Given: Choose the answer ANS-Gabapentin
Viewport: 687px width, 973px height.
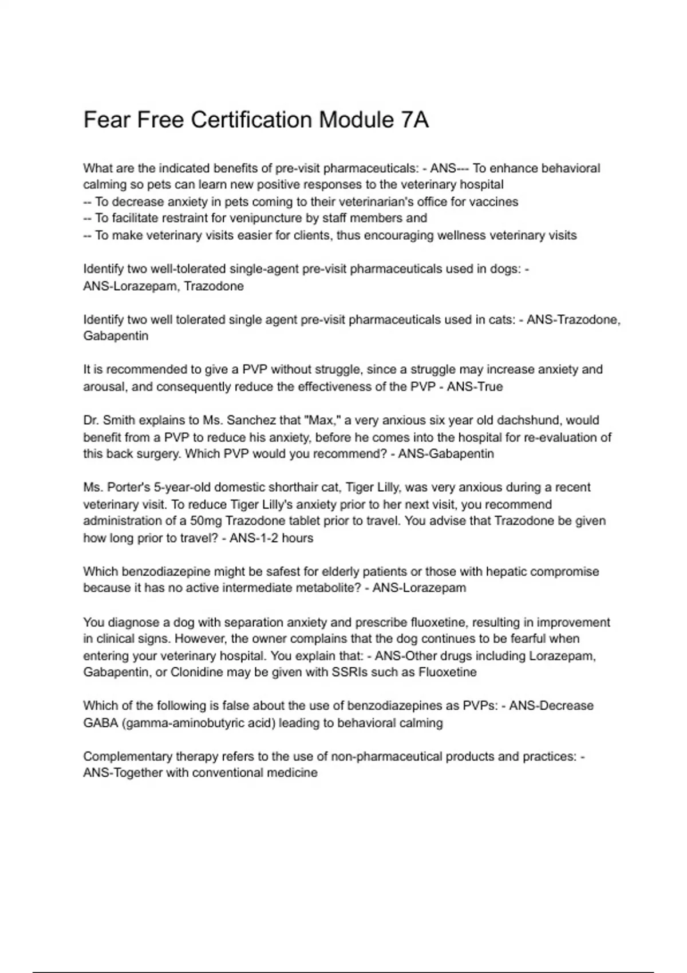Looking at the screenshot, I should [446, 454].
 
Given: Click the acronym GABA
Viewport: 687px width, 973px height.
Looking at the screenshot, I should [100, 723].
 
